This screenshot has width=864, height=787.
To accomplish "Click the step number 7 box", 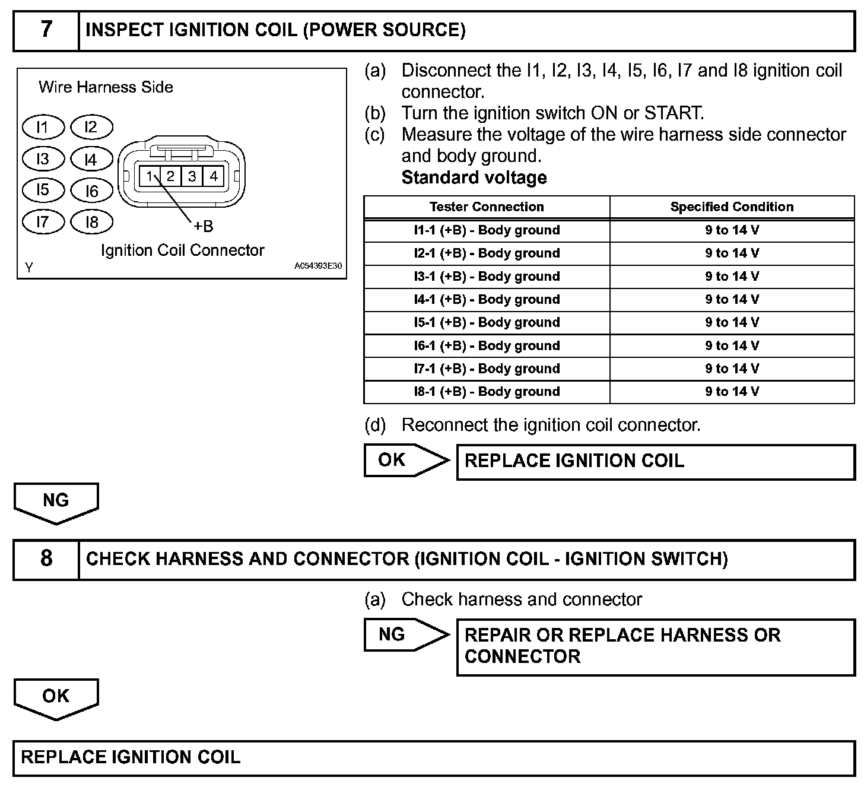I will pos(46,30).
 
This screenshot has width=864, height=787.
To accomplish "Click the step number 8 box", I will pos(46,559).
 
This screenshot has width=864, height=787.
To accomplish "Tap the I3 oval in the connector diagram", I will pos(43,159).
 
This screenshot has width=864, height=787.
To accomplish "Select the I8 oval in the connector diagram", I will pos(91,223).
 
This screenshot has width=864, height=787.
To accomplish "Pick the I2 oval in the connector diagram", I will pos(91,127).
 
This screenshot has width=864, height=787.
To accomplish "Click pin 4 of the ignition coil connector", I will pos(213,176).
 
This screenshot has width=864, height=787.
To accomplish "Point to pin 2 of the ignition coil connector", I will pos(170,176).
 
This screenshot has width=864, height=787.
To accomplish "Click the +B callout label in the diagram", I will pos(203,226).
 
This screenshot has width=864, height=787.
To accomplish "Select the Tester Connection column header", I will pos(487,207).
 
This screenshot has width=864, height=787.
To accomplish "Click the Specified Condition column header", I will pos(732,207).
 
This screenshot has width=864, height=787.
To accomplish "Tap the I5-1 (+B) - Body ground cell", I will pos(487,323).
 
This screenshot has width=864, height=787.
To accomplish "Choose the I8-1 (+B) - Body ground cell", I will pos(487,392).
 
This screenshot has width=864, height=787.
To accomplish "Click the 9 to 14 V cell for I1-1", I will pos(732,230).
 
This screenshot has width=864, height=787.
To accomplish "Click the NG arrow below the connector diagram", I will pos(56,502).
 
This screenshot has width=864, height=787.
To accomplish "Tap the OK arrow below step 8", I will pos(56,697).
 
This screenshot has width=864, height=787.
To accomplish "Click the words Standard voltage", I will pos(474,177).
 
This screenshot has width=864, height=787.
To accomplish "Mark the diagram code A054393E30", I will pos(318,266).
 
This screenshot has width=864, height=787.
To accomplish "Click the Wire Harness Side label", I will pos(106,87).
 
